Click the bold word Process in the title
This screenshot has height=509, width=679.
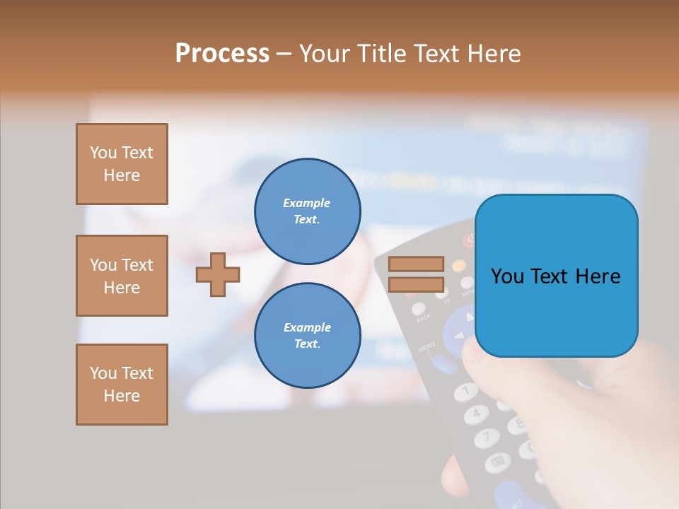click(222, 54)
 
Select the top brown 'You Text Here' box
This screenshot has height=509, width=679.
click(122, 164)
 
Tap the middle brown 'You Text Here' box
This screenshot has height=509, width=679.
click(122, 276)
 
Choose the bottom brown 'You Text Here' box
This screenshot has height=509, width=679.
click(122, 385)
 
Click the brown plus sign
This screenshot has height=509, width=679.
click(218, 274)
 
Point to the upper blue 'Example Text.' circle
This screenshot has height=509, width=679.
click(307, 211)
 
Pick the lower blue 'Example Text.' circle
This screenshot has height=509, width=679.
click(307, 335)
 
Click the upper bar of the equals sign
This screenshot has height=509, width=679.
click(416, 264)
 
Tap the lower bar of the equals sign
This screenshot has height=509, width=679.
click(416, 284)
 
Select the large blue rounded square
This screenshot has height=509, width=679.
click(556, 276)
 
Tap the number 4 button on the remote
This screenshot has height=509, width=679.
click(476, 413)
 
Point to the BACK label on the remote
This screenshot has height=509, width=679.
click(424, 319)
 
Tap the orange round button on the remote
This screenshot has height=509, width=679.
click(459, 266)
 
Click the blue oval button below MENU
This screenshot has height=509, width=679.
click(444, 364)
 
